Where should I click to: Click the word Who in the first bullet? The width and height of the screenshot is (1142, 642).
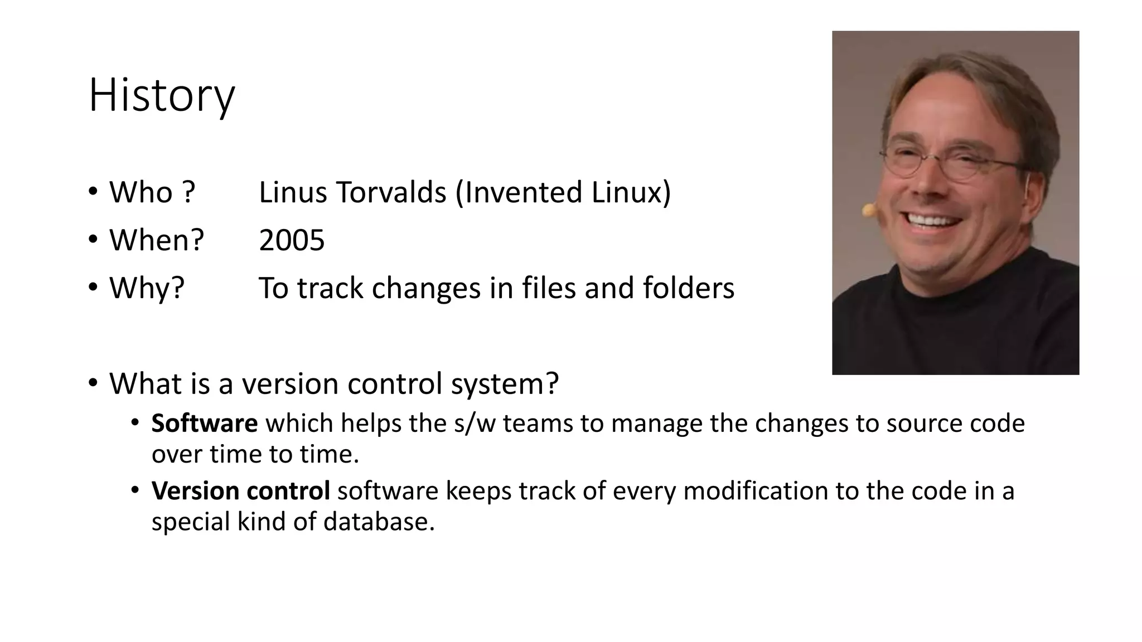pos(141,193)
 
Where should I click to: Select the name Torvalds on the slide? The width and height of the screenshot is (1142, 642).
pos(390,193)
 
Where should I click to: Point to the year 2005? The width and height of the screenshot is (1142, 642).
pos(292,241)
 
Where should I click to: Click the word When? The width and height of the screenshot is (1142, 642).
pos(151,241)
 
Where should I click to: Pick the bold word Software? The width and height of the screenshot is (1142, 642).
pos(204,424)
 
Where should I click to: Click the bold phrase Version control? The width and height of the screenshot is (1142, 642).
pos(240,491)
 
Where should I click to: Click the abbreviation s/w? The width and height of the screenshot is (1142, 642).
pos(475,424)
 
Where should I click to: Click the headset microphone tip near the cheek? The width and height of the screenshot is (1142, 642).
pos(868,210)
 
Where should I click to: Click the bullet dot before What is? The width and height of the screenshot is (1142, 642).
pos(93,383)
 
